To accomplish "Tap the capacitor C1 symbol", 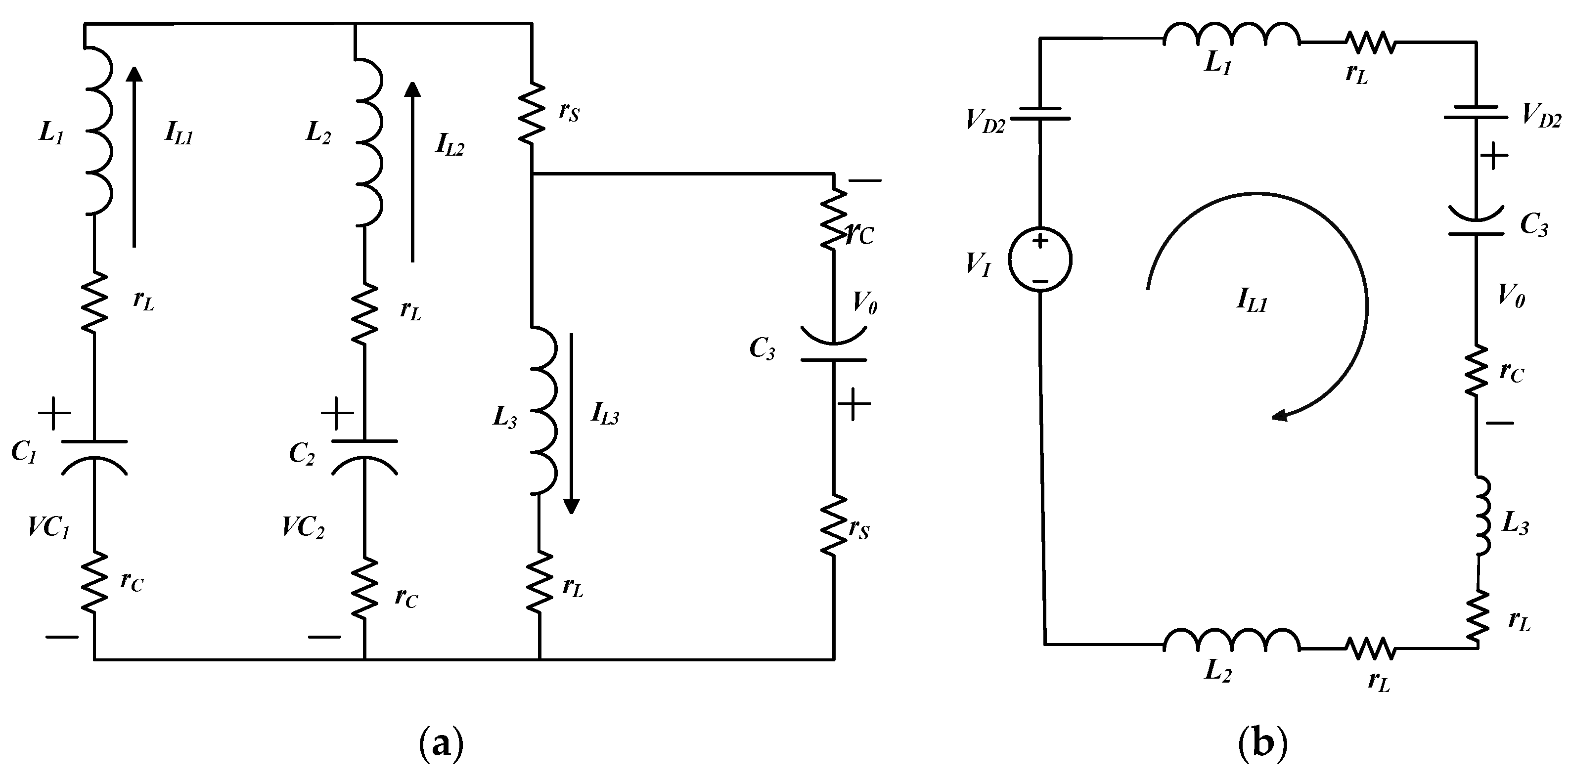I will click(x=94, y=456).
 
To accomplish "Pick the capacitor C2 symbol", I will click(x=364, y=456).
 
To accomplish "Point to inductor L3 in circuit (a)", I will click(x=544, y=411).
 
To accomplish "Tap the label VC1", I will click(x=49, y=527).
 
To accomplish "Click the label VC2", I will click(x=303, y=527).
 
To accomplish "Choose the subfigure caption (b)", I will click(x=1263, y=744).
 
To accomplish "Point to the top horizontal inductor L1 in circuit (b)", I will click(x=1231, y=35).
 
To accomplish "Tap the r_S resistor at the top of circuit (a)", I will click(x=532, y=113).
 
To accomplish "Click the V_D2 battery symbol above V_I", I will click(x=1040, y=114).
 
